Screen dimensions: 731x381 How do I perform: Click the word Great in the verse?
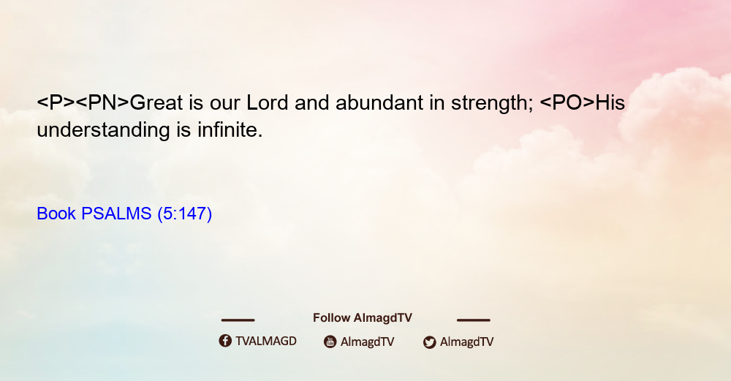tap(156, 102)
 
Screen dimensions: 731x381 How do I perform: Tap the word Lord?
tap(267, 102)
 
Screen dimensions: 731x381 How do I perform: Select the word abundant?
tap(379, 102)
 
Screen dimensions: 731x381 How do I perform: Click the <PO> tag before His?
tap(567, 102)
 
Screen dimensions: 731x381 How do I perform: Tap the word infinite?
tap(230, 129)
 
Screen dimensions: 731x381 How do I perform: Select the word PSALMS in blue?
tap(116, 214)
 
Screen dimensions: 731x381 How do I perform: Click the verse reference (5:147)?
tap(185, 214)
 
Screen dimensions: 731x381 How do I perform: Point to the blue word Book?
tap(56, 214)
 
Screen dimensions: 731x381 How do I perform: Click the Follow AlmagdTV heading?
tap(363, 318)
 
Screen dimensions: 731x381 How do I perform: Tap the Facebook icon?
tap(225, 341)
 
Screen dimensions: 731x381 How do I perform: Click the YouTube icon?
tap(330, 342)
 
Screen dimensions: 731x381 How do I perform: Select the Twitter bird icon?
tap(429, 342)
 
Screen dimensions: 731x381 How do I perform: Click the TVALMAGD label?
tap(266, 342)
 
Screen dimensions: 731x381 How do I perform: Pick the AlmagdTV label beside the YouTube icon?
tap(368, 342)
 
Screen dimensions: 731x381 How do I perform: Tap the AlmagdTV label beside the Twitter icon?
tap(466, 342)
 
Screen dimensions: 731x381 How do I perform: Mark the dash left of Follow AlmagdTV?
tap(238, 320)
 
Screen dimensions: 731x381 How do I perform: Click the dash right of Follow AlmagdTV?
tap(474, 320)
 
